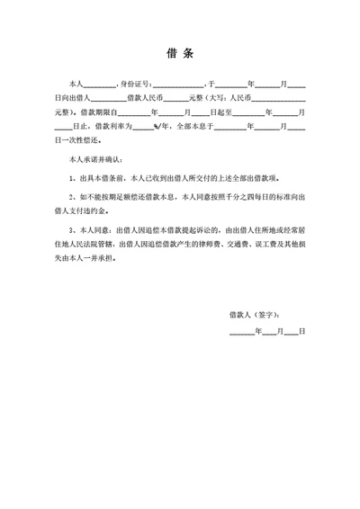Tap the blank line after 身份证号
click(x=177, y=84)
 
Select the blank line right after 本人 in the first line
click(x=101, y=84)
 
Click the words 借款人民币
click(x=145, y=99)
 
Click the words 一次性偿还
click(x=80, y=142)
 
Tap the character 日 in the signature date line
click(x=302, y=333)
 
